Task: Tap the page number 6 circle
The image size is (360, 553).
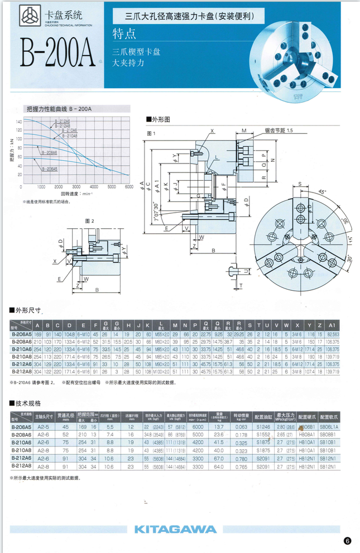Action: [347, 540]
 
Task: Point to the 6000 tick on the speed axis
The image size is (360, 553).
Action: [128, 186]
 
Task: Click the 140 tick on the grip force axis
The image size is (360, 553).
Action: [19, 121]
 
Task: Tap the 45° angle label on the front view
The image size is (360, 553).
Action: [322, 191]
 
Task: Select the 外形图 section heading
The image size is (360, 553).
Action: [157, 119]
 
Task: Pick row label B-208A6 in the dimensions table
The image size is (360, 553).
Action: [21, 340]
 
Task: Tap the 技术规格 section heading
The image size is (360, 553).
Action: [27, 403]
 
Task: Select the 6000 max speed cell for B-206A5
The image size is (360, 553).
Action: [198, 426]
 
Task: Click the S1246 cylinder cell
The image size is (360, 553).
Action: [263, 426]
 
